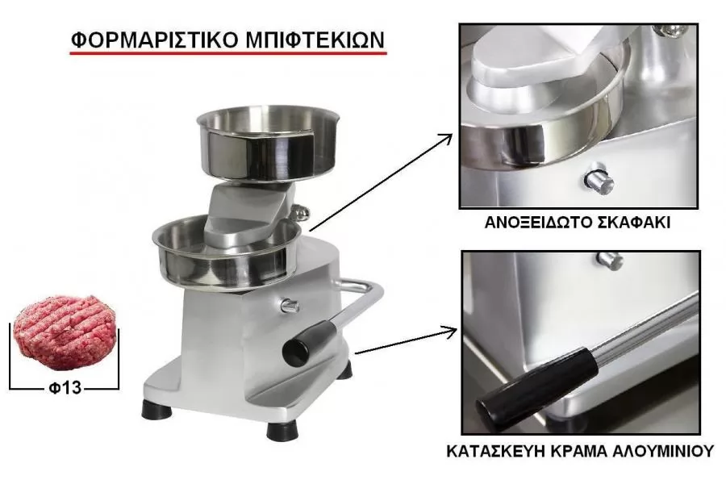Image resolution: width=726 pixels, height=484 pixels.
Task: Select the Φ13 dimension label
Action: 65,387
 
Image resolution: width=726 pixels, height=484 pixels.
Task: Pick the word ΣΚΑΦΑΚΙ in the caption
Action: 631,223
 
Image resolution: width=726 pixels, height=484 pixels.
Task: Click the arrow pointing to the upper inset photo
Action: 381,182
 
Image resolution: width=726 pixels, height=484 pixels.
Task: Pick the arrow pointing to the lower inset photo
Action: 406,341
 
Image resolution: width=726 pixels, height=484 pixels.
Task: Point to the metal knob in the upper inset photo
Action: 599,179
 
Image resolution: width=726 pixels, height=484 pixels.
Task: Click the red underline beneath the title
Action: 228,53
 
